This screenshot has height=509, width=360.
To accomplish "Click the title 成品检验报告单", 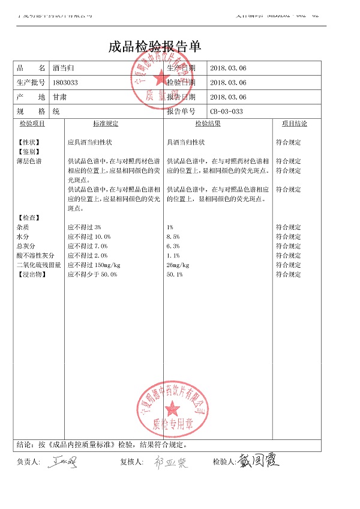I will (x=154, y=47).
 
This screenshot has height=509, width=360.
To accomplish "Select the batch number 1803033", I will (x=66, y=83).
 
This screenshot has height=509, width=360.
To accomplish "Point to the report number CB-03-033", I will (x=226, y=112).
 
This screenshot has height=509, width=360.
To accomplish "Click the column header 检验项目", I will (x=32, y=124).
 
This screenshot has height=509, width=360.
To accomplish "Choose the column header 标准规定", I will (x=106, y=124).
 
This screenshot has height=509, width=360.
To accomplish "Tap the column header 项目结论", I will (x=294, y=124).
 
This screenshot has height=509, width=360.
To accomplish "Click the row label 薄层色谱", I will (x=29, y=161).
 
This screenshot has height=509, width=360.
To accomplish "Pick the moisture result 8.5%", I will (x=173, y=237).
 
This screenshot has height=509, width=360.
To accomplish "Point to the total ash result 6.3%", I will (x=173, y=247).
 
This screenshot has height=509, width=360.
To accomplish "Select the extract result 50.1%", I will (x=175, y=274).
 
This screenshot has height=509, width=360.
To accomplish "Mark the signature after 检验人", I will (x=259, y=461).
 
